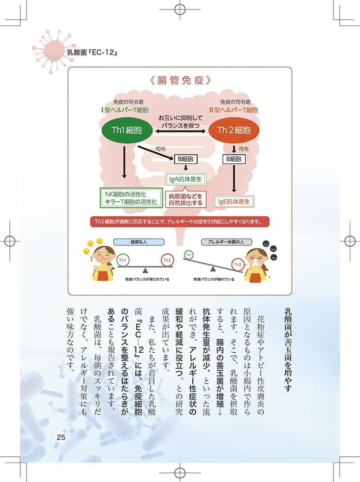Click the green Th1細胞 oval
pyautogui.click(x=127, y=130)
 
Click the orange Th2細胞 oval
pyautogui.click(x=234, y=130)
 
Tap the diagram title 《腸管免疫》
pyautogui.click(x=180, y=80)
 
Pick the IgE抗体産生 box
pyautogui.click(x=234, y=202)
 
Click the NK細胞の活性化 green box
pyautogui.click(x=131, y=198)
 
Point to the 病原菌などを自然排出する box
pyautogui.click(x=185, y=200)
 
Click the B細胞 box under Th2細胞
pyautogui.click(x=234, y=159)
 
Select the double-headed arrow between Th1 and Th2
pyautogui.click(x=180, y=131)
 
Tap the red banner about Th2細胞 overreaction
pyautogui.click(x=180, y=222)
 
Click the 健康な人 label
pyautogui.click(x=139, y=242)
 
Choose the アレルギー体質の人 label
pyautogui.click(x=226, y=242)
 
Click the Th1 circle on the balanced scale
pyautogui.click(x=123, y=260)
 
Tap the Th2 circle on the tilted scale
pyautogui.click(x=238, y=265)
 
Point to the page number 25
pyautogui.click(x=61, y=437)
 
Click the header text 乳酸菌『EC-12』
pyautogui.click(x=92, y=52)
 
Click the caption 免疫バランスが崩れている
pyautogui.click(x=214, y=279)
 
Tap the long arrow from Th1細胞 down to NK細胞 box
pyautogui.click(x=124, y=162)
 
